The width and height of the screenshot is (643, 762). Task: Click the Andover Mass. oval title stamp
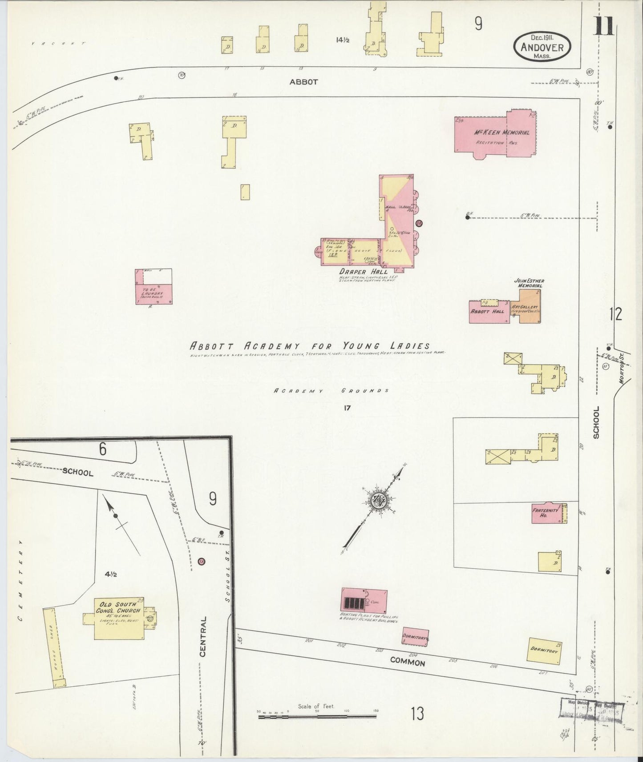[542, 46]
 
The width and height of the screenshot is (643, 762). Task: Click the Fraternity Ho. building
[549, 513]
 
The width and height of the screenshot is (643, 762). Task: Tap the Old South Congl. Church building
[119, 618]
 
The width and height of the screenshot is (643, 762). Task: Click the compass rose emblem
[380, 501]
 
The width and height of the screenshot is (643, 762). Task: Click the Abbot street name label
[303, 82]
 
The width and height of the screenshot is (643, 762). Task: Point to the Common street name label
[407, 662]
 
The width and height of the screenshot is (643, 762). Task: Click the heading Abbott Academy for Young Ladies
[310, 345]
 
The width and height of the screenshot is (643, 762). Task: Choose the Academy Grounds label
[331, 390]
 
